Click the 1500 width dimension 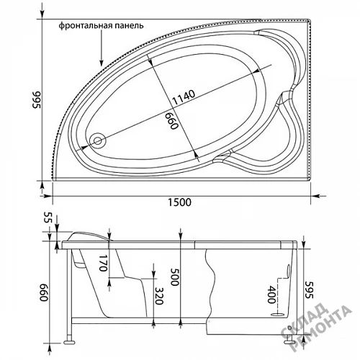click(x=179, y=202)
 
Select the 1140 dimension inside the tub click(x=184, y=97)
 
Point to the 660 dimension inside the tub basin click(x=171, y=121)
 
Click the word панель click(x=130, y=25)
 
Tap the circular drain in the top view click(x=97, y=140)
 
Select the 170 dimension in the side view click(x=103, y=263)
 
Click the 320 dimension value click(x=158, y=296)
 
